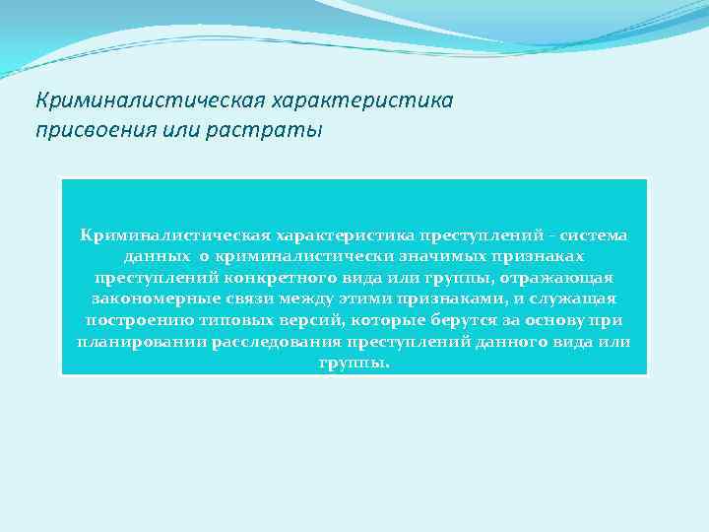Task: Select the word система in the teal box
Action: [596, 235]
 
